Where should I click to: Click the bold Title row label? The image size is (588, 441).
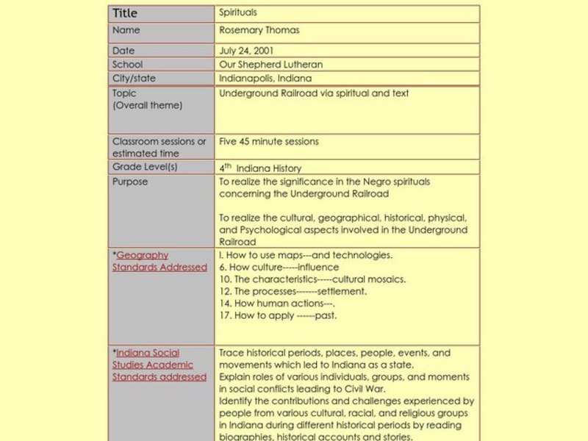pyautogui.click(x=125, y=13)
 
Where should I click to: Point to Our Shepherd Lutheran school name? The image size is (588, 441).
pyautogui.click(x=270, y=65)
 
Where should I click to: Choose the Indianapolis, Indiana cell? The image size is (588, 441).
pyautogui.click(x=265, y=79)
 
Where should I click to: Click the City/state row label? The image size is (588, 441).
pyautogui.click(x=134, y=79)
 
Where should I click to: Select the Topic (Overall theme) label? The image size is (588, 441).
pyautogui.click(x=147, y=100)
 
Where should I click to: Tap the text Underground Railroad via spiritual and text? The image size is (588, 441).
pyautogui.click(x=314, y=93)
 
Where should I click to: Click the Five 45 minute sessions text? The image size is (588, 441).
pyautogui.click(x=269, y=141)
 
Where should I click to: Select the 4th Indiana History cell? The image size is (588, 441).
pyautogui.click(x=260, y=168)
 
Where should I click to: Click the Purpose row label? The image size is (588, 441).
pyautogui.click(x=130, y=182)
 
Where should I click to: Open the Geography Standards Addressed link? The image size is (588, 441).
pyautogui.click(x=160, y=262)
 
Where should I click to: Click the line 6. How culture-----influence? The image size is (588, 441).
pyautogui.click(x=279, y=268)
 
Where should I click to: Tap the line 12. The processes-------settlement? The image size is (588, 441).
pyautogui.click(x=293, y=292)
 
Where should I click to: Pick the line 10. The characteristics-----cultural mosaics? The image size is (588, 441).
pyautogui.click(x=312, y=279)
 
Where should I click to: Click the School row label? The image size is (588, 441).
pyautogui.click(x=127, y=65)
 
